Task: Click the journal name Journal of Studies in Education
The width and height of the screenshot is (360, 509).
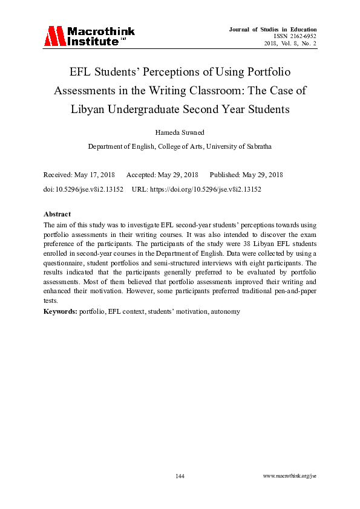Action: [273, 30]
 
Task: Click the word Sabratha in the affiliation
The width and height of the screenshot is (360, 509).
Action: [256, 146]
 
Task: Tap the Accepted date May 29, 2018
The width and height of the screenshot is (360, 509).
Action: [178, 175]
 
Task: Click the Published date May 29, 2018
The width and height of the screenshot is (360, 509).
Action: [263, 175]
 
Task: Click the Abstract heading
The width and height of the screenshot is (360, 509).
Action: [57, 214]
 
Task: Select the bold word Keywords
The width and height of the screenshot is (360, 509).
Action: [61, 312]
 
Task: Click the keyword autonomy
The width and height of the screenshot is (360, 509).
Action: [226, 312]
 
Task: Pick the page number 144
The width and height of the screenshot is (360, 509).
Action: [180, 476]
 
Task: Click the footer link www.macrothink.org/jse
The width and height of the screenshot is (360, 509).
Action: [290, 476]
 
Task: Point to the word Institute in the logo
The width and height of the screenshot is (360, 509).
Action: [94, 42]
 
